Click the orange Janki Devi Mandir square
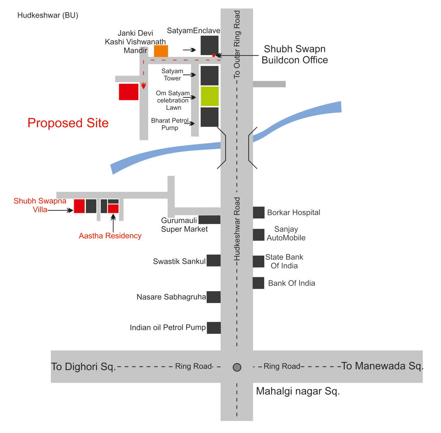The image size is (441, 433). coord(161,51)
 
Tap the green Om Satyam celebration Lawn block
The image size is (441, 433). coord(210,96)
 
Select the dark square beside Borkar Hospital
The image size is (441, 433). coord(259,212)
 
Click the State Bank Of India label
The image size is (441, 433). coord(284,261)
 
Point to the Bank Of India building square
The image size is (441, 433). coord(259,283)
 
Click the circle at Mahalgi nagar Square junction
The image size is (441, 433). coord(237,367)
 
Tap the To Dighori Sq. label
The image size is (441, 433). coord(83,367)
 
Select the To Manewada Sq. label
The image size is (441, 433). coord(382,366)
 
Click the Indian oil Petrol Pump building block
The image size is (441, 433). coord(214,328)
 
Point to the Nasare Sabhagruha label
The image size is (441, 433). coord(171,297)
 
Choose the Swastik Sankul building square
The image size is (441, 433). coord(214,261)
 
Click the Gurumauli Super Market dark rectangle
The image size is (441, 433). coord(210,220)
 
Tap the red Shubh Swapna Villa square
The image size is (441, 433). coord(79,206)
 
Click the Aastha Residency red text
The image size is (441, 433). coord(110,236)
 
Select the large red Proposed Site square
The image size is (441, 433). coord(129,92)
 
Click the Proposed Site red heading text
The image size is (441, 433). coord(68,123)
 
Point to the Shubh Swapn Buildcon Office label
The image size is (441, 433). coord(295,54)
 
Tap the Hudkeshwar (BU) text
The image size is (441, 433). coord(48,16)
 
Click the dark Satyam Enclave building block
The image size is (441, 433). coord(210,45)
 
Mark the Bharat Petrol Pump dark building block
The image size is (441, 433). coord(210,117)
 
